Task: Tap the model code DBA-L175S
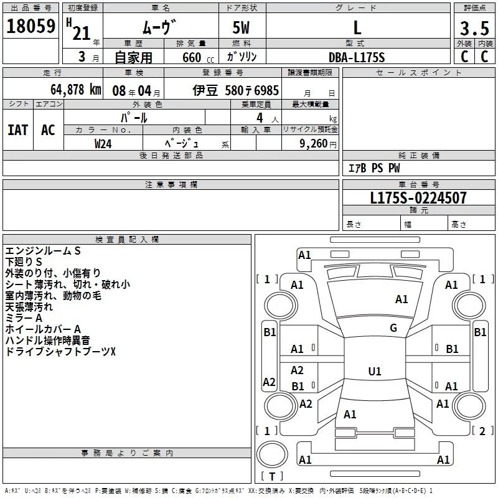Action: click(x=357, y=57)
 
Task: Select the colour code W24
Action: click(x=103, y=143)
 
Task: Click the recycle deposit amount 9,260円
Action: click(x=317, y=143)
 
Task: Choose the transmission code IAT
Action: click(x=18, y=130)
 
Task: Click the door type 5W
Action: click(x=243, y=28)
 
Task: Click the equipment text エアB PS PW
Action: click(x=374, y=168)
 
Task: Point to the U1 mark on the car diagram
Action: click(x=375, y=372)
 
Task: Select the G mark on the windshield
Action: click(x=393, y=328)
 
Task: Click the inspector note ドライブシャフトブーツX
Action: click(x=60, y=352)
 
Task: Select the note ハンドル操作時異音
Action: click(x=47, y=341)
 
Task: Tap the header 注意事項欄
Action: click(x=171, y=185)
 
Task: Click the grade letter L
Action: click(x=357, y=28)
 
